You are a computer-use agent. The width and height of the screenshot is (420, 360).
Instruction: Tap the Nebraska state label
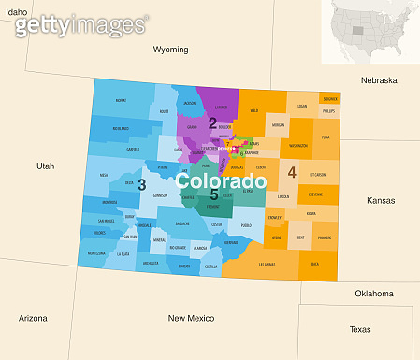tap(380, 80)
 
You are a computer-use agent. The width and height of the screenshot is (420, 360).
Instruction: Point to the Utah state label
tap(46, 166)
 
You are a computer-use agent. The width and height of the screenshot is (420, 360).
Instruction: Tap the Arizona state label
tap(33, 318)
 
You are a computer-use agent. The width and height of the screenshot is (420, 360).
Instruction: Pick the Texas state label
tap(361, 328)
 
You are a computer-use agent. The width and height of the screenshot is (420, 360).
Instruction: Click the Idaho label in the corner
tap(15, 11)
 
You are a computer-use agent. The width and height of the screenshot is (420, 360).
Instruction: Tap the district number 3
tap(141, 185)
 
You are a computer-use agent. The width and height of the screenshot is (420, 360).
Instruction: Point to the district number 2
tap(213, 123)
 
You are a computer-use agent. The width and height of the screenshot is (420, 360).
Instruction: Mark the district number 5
tap(214, 194)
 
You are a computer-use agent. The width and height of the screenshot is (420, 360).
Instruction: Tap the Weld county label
tap(253, 111)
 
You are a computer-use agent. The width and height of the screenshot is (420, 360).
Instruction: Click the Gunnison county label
tap(161, 196)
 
